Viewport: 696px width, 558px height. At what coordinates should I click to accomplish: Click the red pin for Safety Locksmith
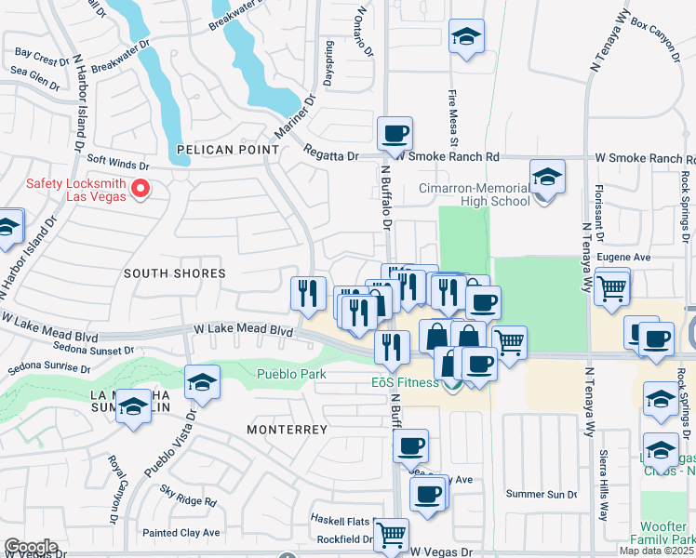pos(141,190)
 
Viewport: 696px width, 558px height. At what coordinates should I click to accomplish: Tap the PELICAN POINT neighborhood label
pos(228,149)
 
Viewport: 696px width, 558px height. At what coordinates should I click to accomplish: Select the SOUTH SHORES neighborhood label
pos(175,273)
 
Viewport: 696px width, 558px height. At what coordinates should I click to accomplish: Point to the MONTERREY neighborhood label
pos(288,430)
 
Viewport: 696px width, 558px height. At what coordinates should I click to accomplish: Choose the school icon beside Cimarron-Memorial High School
pos(547,176)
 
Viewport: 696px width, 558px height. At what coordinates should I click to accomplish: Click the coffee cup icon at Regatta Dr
pos(395,134)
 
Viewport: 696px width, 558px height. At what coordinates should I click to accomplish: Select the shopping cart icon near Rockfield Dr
pos(392,534)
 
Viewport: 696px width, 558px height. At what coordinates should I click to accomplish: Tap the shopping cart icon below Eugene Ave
pos(611,287)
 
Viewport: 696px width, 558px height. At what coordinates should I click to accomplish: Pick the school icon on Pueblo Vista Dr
pos(202,381)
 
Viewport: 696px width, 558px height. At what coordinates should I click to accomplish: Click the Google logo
pos(31,547)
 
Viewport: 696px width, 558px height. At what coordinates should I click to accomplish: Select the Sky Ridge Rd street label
pos(187,500)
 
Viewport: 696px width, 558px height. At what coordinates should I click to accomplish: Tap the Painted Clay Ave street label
pos(181,533)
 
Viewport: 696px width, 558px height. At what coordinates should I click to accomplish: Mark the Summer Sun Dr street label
pos(535,493)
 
